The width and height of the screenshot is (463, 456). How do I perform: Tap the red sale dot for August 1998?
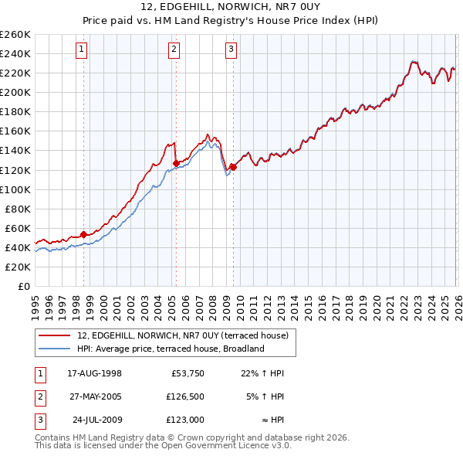(x=83, y=234)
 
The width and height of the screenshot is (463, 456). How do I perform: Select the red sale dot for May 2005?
(x=176, y=163)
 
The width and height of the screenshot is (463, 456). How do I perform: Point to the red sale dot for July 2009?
(x=233, y=167)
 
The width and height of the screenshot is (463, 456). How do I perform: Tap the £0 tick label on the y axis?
(x=23, y=286)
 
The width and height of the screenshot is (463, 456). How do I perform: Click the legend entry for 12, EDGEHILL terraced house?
(x=182, y=335)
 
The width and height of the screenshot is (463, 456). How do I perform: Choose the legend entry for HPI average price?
(x=171, y=349)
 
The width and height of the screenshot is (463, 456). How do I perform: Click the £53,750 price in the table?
(x=186, y=373)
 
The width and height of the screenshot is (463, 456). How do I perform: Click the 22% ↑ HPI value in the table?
(x=262, y=373)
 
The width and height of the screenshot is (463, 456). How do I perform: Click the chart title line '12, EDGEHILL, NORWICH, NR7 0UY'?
(x=231, y=8)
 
